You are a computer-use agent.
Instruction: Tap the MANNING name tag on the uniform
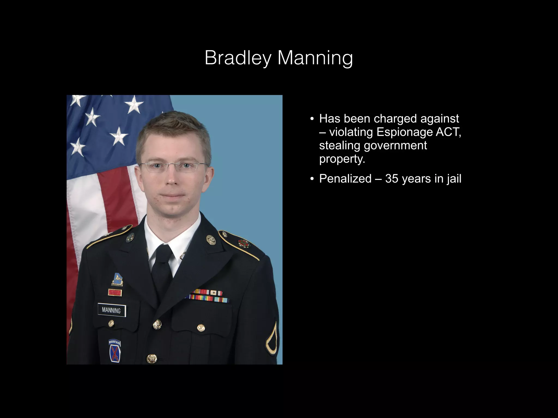point(111,310)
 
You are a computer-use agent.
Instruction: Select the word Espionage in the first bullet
point(404,132)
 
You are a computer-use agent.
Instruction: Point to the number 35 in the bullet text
point(392,179)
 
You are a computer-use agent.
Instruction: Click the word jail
point(454,179)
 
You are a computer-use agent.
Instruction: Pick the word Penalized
point(345,179)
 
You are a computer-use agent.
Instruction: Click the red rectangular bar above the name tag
point(115,293)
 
